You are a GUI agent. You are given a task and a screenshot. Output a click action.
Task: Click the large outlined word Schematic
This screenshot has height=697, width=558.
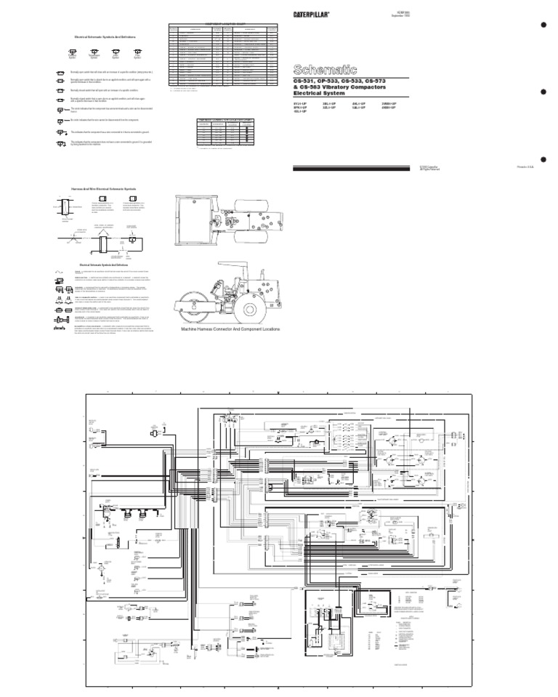(x=325, y=69)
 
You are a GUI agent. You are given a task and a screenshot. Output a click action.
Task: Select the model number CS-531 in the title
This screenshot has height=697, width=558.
(x=305, y=81)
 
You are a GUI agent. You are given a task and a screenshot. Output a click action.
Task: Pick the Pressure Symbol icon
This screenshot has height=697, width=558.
(x=72, y=52)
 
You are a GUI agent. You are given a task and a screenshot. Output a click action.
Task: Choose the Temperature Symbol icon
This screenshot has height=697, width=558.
(x=93, y=52)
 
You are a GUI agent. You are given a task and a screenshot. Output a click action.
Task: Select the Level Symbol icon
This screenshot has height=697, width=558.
(x=116, y=52)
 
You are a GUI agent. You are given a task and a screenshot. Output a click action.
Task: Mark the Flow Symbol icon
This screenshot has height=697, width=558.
(x=138, y=52)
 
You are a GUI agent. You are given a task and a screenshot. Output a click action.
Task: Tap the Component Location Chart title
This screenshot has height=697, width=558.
(x=222, y=25)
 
